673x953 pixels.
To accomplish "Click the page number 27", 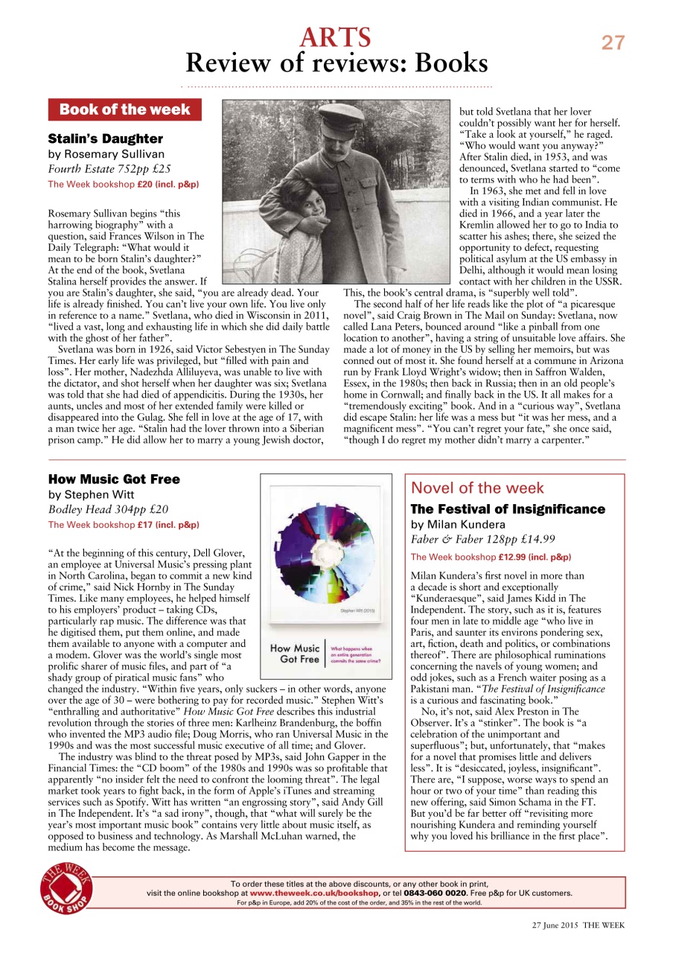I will [x=613, y=43].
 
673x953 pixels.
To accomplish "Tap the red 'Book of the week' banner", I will [x=124, y=109].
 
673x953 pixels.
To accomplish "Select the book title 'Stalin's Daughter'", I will [x=105, y=139].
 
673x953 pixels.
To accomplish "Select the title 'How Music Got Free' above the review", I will [x=114, y=479].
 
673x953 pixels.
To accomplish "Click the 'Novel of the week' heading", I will [x=477, y=488].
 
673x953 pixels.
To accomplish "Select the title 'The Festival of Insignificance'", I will [x=508, y=509].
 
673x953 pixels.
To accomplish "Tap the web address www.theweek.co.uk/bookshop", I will [x=314, y=893].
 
